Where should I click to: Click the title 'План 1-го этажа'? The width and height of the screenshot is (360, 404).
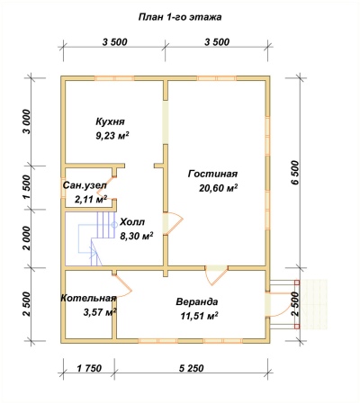180,17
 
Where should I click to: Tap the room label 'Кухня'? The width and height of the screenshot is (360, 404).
110,121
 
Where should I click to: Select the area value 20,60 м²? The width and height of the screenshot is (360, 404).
219,188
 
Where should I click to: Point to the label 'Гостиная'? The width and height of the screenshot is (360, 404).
212,174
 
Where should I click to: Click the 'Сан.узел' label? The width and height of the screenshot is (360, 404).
85,185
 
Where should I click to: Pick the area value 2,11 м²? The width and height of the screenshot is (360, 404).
91,199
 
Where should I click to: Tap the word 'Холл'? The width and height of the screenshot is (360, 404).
132,222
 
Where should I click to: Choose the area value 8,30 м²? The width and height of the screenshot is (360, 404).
137,236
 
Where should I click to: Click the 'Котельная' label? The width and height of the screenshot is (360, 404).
88,298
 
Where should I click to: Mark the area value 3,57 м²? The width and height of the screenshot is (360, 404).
100,312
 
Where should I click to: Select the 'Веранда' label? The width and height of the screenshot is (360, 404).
197,301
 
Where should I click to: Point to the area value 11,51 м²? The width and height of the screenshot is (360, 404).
199,316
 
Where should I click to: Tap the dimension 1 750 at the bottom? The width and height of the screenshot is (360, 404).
89,368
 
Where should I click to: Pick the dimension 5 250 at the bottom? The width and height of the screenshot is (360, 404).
192,368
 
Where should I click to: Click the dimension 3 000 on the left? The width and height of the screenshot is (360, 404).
26,121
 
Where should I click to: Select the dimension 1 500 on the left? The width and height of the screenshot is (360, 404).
26,187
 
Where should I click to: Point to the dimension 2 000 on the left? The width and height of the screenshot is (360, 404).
26,238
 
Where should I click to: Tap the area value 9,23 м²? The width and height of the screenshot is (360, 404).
112,136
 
